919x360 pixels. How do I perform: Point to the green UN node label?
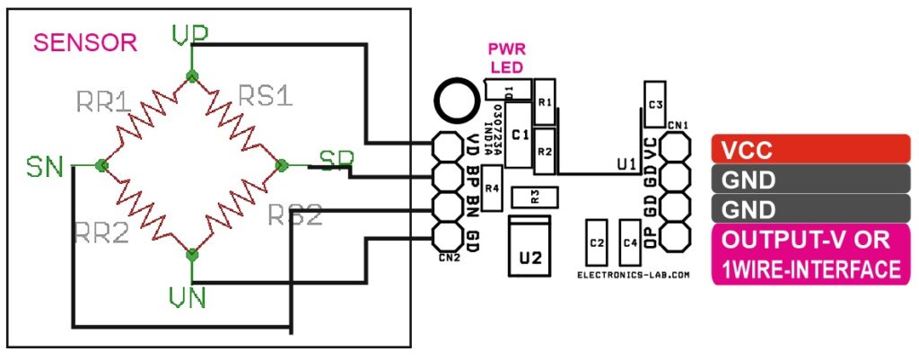point(189,295)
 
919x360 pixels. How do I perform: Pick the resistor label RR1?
point(109,101)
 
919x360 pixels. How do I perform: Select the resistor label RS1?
point(265,95)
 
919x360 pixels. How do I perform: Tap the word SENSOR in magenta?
point(84,42)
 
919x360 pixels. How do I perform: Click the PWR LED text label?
point(505,58)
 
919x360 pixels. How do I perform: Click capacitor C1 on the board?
point(518,136)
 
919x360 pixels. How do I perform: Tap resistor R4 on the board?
point(491,189)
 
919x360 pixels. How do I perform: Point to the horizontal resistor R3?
point(534,197)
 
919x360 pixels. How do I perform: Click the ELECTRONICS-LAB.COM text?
point(633,276)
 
